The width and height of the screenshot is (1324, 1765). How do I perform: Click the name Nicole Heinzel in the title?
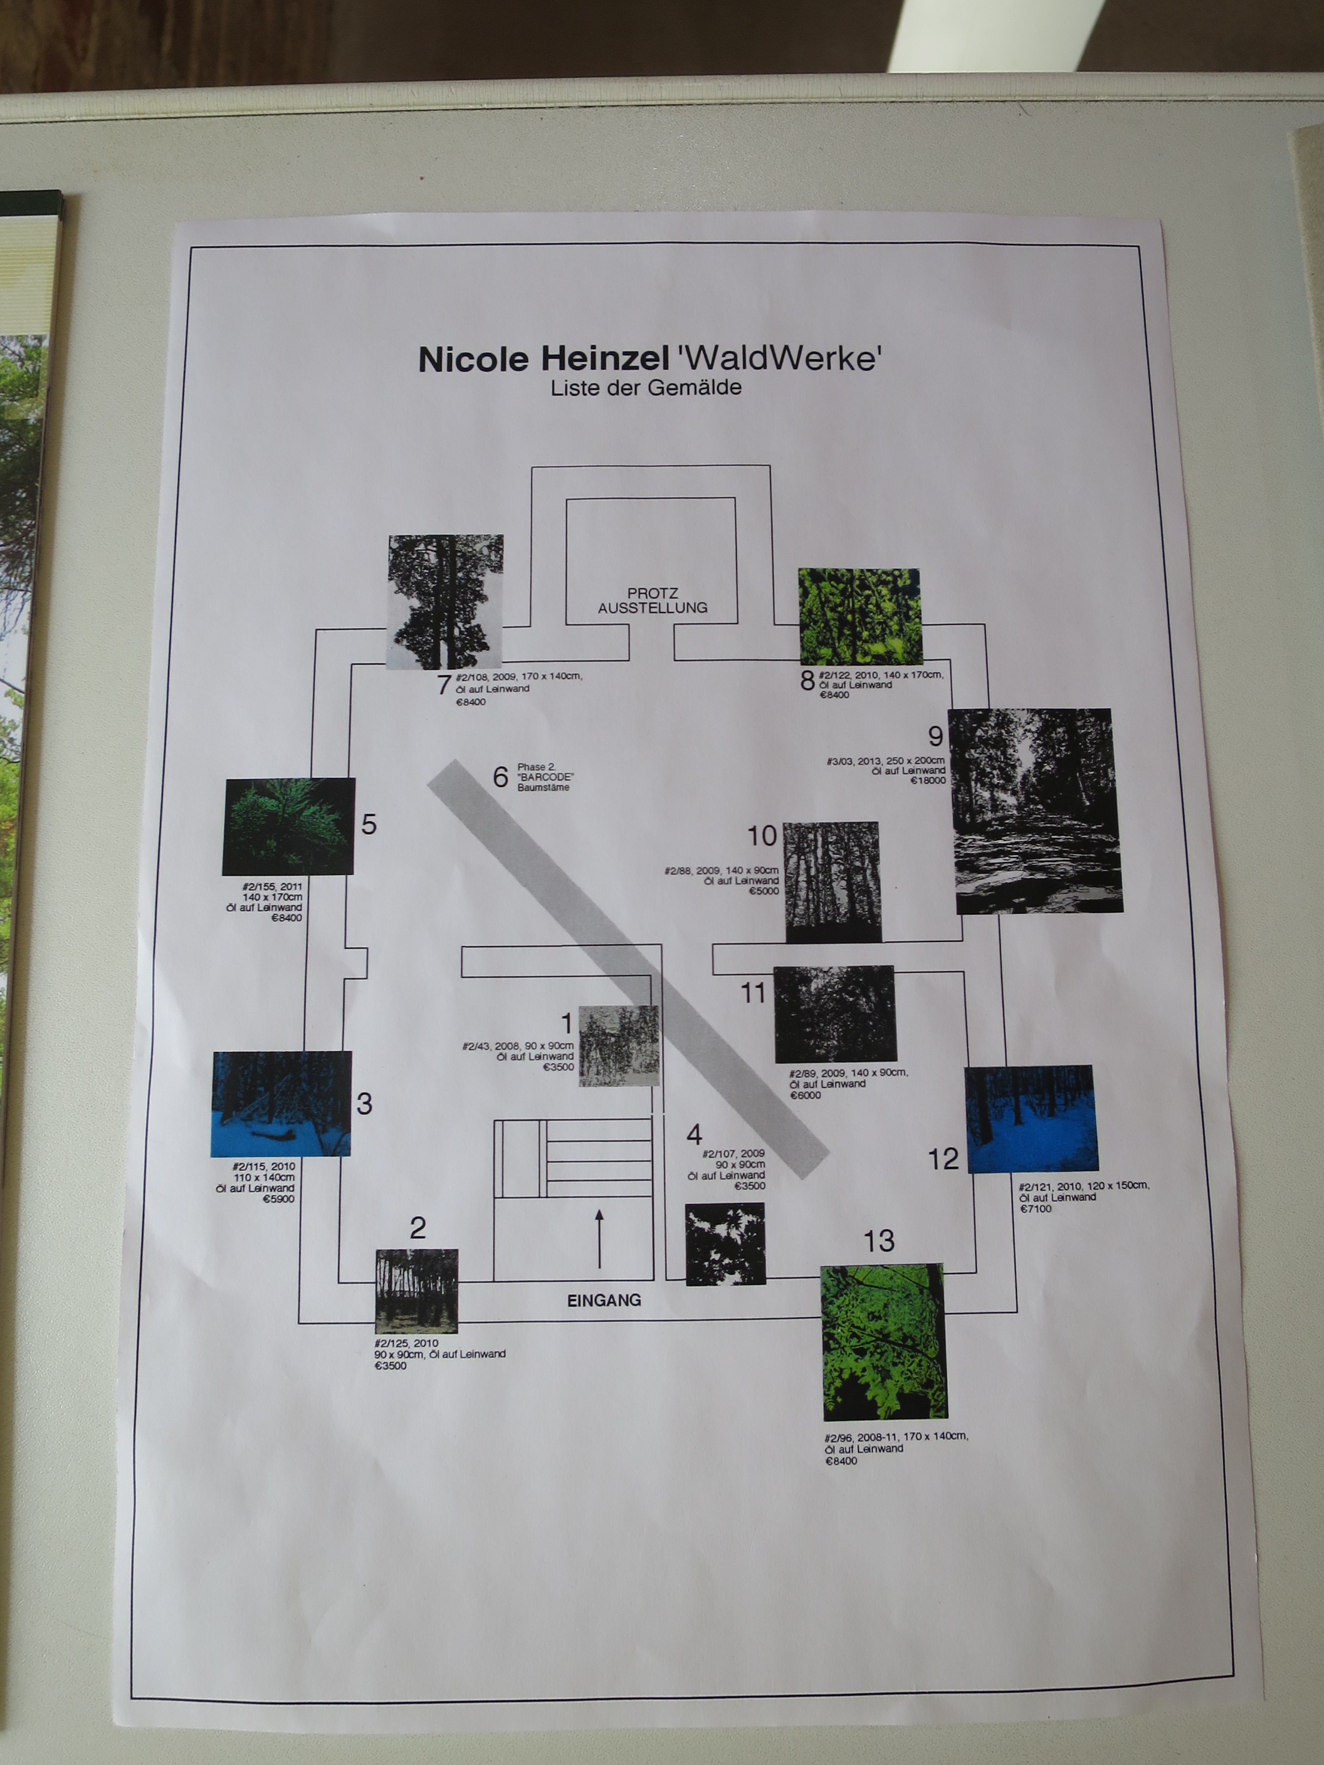(544, 359)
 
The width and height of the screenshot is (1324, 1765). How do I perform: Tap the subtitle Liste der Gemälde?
(646, 388)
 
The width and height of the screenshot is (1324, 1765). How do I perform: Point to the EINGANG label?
(604, 1300)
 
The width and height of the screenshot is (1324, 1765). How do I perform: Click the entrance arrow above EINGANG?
(599, 1239)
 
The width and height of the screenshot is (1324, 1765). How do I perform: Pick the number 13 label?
(879, 1241)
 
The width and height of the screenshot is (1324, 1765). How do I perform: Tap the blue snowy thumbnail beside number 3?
(281, 1104)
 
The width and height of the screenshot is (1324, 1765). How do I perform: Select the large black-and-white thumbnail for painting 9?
(1036, 810)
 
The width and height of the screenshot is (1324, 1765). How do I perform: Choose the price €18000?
(928, 780)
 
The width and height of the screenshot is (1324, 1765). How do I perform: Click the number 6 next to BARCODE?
(500, 777)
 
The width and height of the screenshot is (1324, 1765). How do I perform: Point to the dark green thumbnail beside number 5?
(289, 826)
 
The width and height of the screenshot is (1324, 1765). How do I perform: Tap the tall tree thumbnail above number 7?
(445, 602)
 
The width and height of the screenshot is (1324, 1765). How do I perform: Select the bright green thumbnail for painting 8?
(859, 615)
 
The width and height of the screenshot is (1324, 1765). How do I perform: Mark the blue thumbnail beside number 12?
(1032, 1119)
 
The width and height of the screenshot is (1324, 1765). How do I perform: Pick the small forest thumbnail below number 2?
(417, 1291)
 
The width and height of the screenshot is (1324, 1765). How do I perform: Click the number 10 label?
(762, 836)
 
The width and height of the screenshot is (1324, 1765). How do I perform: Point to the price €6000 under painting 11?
(806, 1096)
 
